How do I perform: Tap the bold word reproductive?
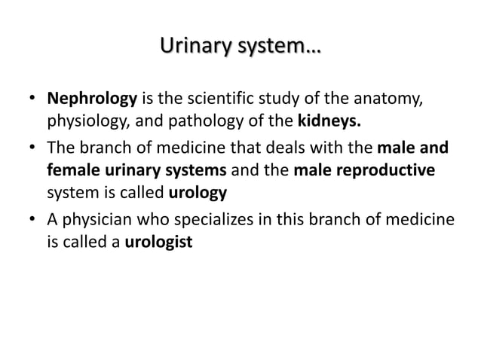click(389, 170)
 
